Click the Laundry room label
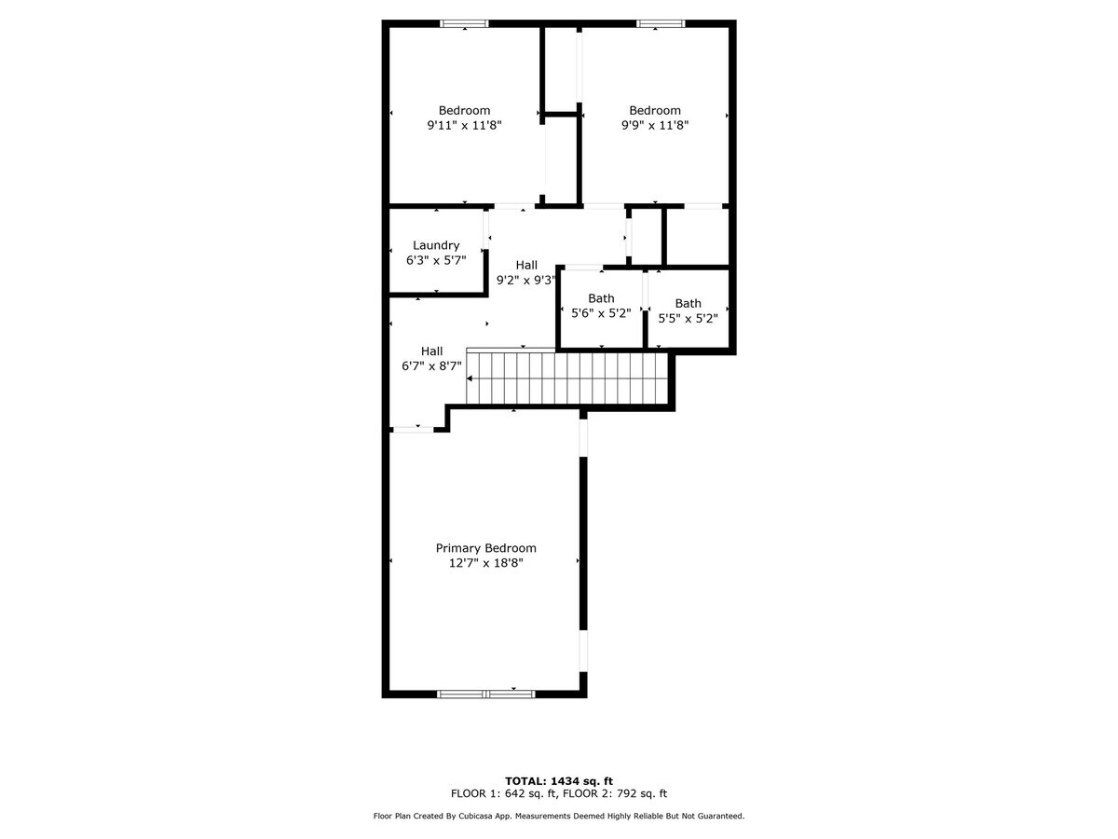(x=436, y=245)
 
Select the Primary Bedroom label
(x=485, y=548)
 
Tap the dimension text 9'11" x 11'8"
(x=464, y=125)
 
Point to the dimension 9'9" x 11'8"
(x=654, y=125)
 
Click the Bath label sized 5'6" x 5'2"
(x=601, y=298)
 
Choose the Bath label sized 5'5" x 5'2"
(x=688, y=303)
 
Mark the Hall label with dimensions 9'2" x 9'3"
(x=526, y=265)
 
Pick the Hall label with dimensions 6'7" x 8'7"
(x=431, y=351)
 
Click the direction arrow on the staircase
(x=471, y=378)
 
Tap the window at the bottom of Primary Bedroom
(x=485, y=694)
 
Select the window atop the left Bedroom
(x=464, y=24)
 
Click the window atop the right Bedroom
(x=661, y=24)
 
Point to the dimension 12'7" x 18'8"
(x=485, y=563)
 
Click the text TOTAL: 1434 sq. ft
(x=559, y=781)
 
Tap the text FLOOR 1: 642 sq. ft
(x=504, y=794)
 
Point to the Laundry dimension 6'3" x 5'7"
(x=436, y=261)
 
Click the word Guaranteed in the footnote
(x=717, y=817)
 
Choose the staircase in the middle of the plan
(x=568, y=378)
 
